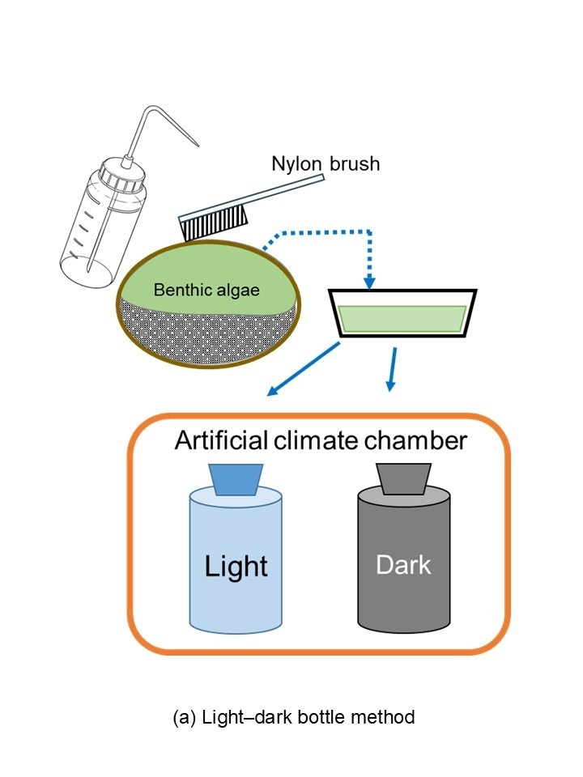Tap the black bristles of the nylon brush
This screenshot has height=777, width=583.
pos(194,229)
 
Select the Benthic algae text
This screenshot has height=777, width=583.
pos(208,289)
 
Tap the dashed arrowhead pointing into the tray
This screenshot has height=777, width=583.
pos(369,282)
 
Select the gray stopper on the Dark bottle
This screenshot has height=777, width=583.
pos(402,478)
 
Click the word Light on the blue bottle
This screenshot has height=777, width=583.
pos(236,565)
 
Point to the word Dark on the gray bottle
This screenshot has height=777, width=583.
pos(403,564)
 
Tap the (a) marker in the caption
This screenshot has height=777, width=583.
pos(184,717)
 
